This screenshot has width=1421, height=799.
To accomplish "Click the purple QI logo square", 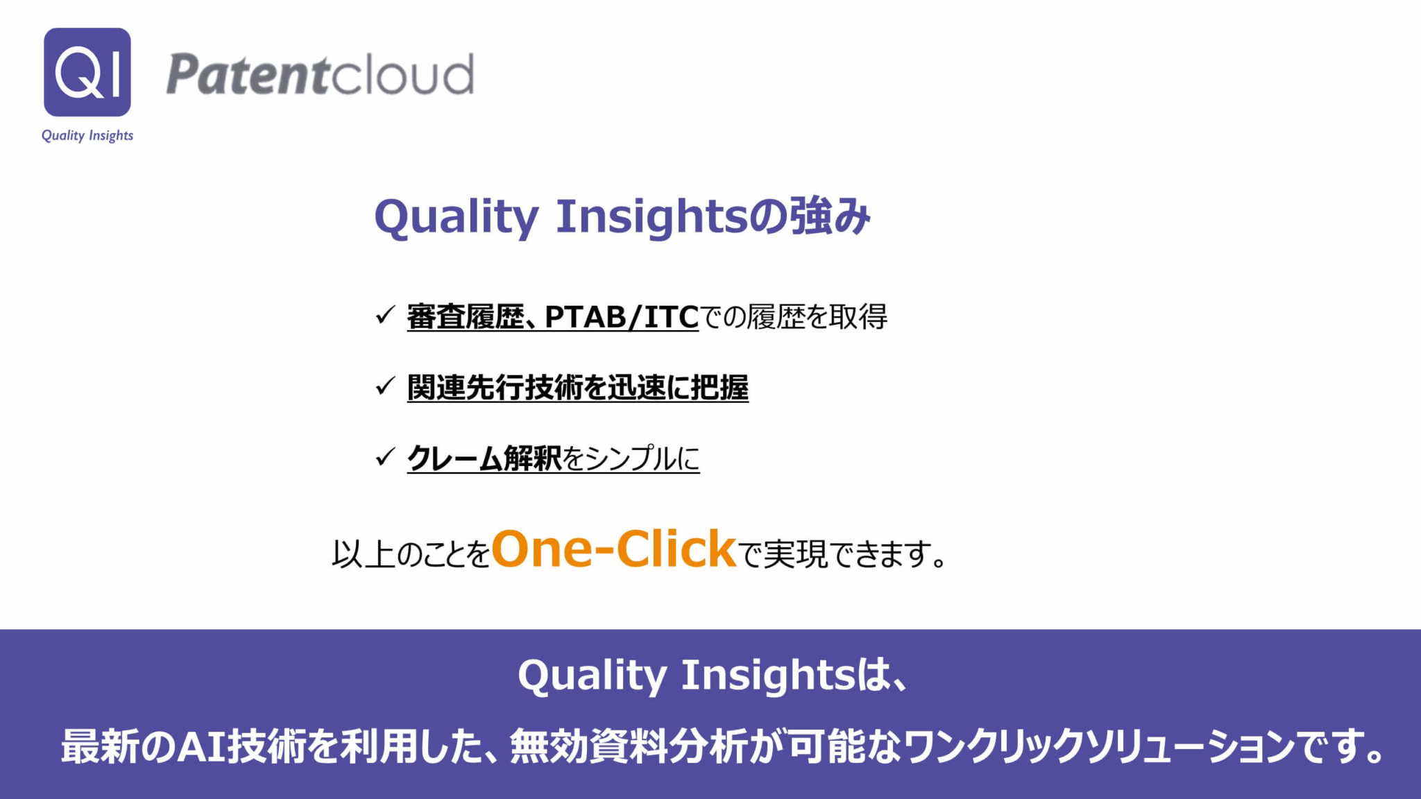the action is point(87,72).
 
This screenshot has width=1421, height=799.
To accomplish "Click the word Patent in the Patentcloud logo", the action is point(246,74).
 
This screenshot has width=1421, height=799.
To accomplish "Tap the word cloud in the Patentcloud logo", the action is point(400,74).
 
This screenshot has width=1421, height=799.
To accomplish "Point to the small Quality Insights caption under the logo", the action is point(87,135).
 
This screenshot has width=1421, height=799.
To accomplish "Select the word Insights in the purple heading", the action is point(652,217).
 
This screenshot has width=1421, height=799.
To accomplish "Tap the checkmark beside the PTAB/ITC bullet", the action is point(385,315).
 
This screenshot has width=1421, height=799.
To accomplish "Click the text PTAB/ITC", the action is point(621,317).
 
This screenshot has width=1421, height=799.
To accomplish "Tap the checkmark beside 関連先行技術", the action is point(385,386).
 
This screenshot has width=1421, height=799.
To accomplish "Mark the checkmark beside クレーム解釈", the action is point(385,456).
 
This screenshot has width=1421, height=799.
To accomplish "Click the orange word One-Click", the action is point(613,549).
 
